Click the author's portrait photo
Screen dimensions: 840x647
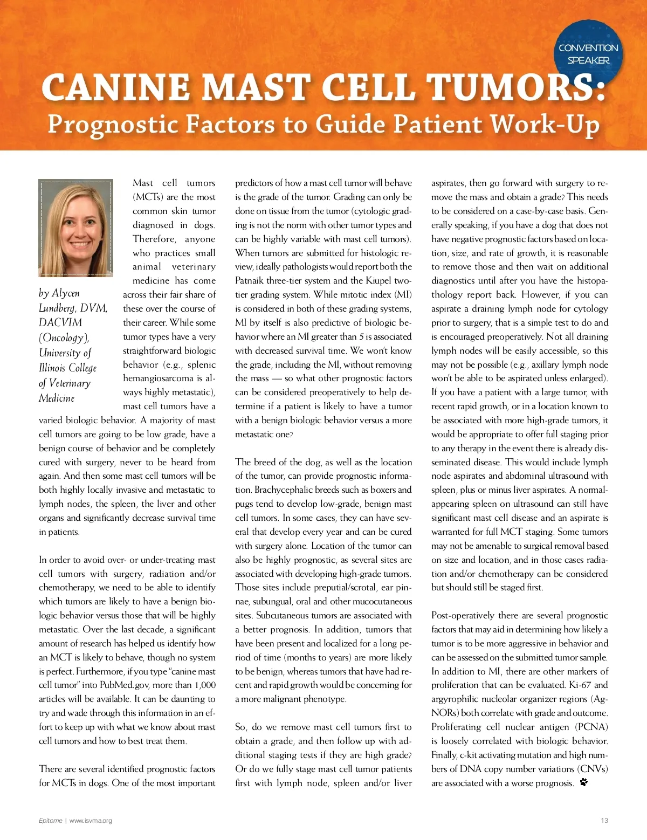[76, 228]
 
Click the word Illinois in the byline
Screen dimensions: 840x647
[53, 368]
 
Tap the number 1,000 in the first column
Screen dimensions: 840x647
[205, 685]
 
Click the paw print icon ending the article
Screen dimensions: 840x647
[584, 782]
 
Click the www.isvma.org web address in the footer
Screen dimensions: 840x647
[91, 821]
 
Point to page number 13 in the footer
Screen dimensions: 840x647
[604, 821]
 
